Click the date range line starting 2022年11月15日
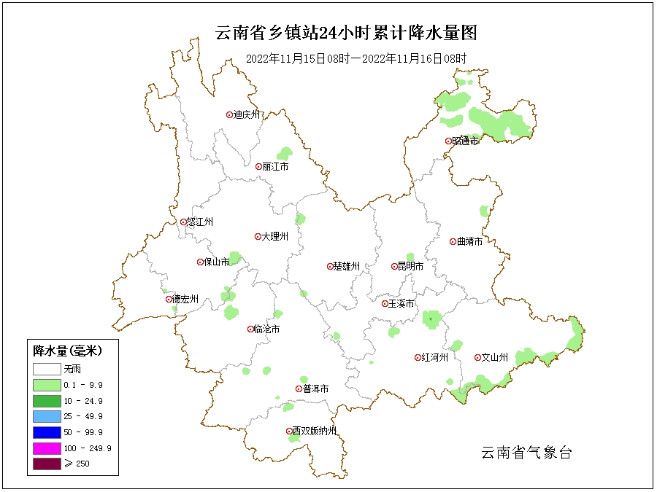click(356, 58)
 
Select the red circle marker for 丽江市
click(258, 167)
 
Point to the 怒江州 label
click(201, 222)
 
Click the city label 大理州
click(274, 237)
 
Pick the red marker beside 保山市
click(200, 262)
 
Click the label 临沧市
click(266, 329)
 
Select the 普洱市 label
click(315, 389)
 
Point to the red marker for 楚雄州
click(330, 267)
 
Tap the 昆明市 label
click(410, 267)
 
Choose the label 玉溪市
click(401, 303)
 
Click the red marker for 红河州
click(418, 358)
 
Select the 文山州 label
click(494, 358)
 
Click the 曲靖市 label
click(469, 241)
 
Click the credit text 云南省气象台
click(526, 453)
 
